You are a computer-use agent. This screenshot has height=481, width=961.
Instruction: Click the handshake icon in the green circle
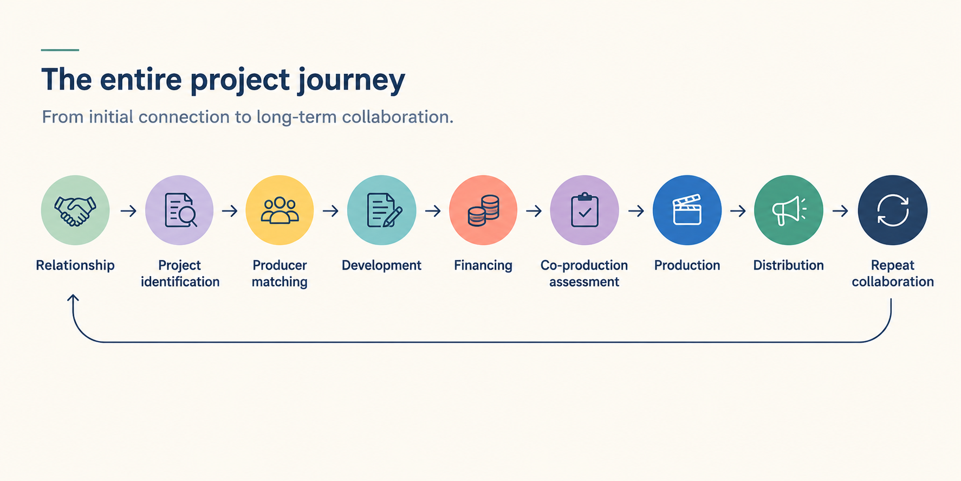(75, 210)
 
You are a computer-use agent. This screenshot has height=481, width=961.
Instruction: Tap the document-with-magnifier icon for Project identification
(180, 210)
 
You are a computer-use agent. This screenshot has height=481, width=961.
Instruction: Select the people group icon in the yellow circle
(280, 210)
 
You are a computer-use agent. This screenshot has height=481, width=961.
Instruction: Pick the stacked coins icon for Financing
(483, 210)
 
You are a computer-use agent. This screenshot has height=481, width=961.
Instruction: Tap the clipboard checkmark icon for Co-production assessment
(585, 210)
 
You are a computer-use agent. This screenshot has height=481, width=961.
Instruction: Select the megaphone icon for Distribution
(789, 210)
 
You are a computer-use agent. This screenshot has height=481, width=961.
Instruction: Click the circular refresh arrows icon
(893, 210)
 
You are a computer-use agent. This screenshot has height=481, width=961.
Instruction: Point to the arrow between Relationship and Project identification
(128, 210)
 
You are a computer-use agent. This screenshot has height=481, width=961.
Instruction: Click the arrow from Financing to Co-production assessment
(534, 210)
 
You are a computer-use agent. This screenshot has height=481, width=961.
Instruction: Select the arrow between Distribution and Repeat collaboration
(840, 210)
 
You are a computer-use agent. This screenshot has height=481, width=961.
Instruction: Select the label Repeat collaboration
(893, 273)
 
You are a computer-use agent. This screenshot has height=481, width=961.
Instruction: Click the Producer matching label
(280, 273)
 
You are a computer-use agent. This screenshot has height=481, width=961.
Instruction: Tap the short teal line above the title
(60, 50)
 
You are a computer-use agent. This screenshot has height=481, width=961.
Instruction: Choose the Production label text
(687, 265)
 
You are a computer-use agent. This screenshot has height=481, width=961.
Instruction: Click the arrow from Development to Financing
(433, 210)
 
